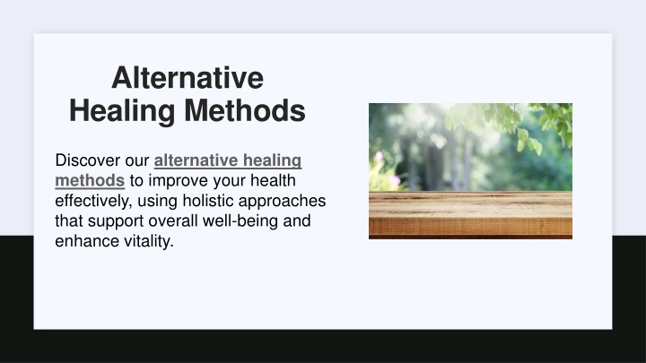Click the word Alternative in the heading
[188, 78]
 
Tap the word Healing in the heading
[122, 111]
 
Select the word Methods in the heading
[245, 111]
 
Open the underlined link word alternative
[196, 160]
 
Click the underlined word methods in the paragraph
[90, 180]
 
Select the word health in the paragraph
[273, 180]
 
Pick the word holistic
[208, 201]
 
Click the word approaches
[282, 201]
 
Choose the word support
[116, 221]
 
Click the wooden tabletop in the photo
[470, 214]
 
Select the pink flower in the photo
[379, 157]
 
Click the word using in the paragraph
[157, 201]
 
